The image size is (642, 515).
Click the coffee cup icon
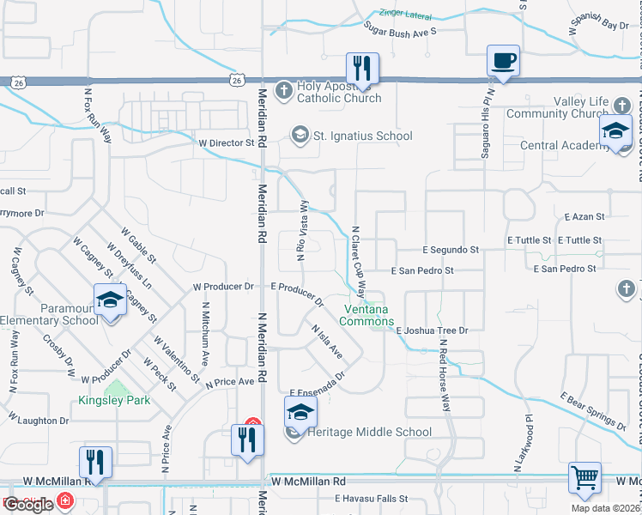tap(503, 61)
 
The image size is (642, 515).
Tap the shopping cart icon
tap(584, 478)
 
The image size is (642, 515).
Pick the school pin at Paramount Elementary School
tap(110, 300)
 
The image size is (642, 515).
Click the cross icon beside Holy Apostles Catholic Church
tap(285, 89)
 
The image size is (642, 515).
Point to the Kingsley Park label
tap(114, 400)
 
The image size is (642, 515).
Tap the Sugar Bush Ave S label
tap(400, 30)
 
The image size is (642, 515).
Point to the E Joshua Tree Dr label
tap(432, 330)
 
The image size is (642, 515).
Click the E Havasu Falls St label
tap(372, 499)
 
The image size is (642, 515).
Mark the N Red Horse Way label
tap(445, 377)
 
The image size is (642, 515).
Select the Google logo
tap(28, 505)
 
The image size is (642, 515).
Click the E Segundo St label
tap(451, 250)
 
